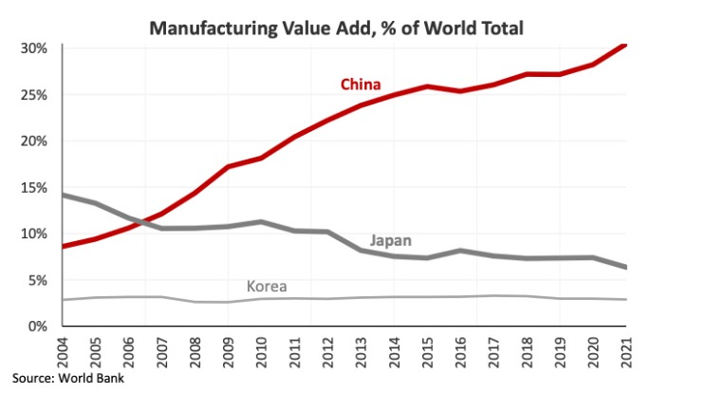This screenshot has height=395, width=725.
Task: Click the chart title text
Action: (337, 28)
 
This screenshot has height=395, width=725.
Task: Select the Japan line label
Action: (390, 241)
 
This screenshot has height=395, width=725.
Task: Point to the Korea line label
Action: (267, 286)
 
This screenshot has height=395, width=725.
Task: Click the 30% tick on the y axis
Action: (34, 48)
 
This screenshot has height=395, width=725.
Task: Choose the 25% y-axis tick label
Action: (34, 95)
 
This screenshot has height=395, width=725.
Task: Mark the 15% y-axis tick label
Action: (34, 187)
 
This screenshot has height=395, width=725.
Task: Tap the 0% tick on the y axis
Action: (38, 326)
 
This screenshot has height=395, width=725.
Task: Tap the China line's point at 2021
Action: (625, 45)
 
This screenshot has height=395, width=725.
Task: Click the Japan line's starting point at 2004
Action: (64, 196)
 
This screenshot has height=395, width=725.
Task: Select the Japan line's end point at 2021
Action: (625, 267)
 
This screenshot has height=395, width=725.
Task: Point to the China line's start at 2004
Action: (64, 246)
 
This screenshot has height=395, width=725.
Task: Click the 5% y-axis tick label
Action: (38, 280)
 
